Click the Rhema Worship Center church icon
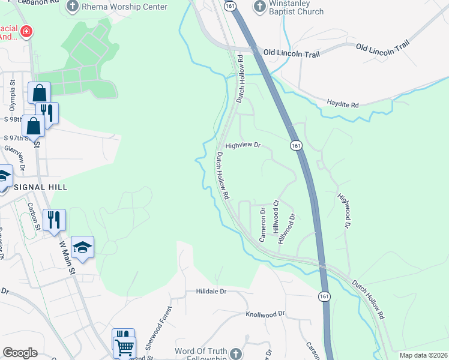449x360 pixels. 73,7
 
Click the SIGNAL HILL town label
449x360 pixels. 38,187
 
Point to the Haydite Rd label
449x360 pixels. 343,104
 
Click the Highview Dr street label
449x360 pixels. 243,145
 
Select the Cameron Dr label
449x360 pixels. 262,224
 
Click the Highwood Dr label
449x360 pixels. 343,211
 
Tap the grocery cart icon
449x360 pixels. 124,346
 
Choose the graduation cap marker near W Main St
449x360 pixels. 83,246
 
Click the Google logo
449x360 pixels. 20,353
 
